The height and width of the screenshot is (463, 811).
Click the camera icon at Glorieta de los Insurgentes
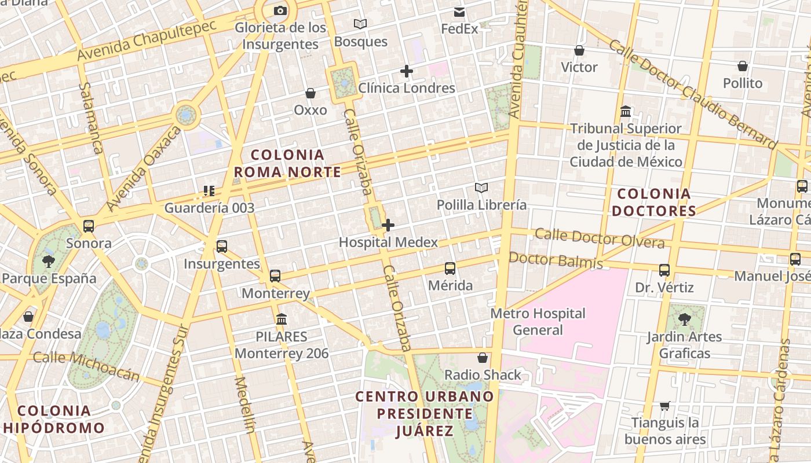click(280, 10)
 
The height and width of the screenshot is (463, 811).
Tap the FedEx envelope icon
click(459, 12)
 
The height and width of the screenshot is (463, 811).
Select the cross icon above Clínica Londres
click(407, 71)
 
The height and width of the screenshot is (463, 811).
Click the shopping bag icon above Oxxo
click(310, 93)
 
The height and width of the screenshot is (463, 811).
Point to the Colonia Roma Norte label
click(287, 163)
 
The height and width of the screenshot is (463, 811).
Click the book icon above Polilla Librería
click(481, 188)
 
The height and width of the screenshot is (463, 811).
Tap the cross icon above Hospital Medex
click(388, 225)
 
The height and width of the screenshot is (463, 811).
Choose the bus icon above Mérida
click(450, 269)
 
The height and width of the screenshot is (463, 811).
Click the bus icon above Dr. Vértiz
click(664, 270)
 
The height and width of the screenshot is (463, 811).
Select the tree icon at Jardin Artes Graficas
click(684, 319)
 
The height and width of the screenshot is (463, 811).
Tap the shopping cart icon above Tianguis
click(665, 406)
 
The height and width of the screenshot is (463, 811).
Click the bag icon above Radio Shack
click(482, 358)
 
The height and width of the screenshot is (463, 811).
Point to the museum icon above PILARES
click(282, 319)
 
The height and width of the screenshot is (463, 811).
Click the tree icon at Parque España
click(49, 262)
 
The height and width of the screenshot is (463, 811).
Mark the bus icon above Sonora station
click(89, 226)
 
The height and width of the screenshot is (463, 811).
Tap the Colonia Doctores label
click(654, 202)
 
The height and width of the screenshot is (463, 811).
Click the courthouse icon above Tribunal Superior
click(626, 111)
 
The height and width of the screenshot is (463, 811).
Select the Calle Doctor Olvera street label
click(600, 237)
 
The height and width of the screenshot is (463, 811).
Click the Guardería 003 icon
click(209, 190)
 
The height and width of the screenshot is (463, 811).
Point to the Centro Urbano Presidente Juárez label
click(425, 413)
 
